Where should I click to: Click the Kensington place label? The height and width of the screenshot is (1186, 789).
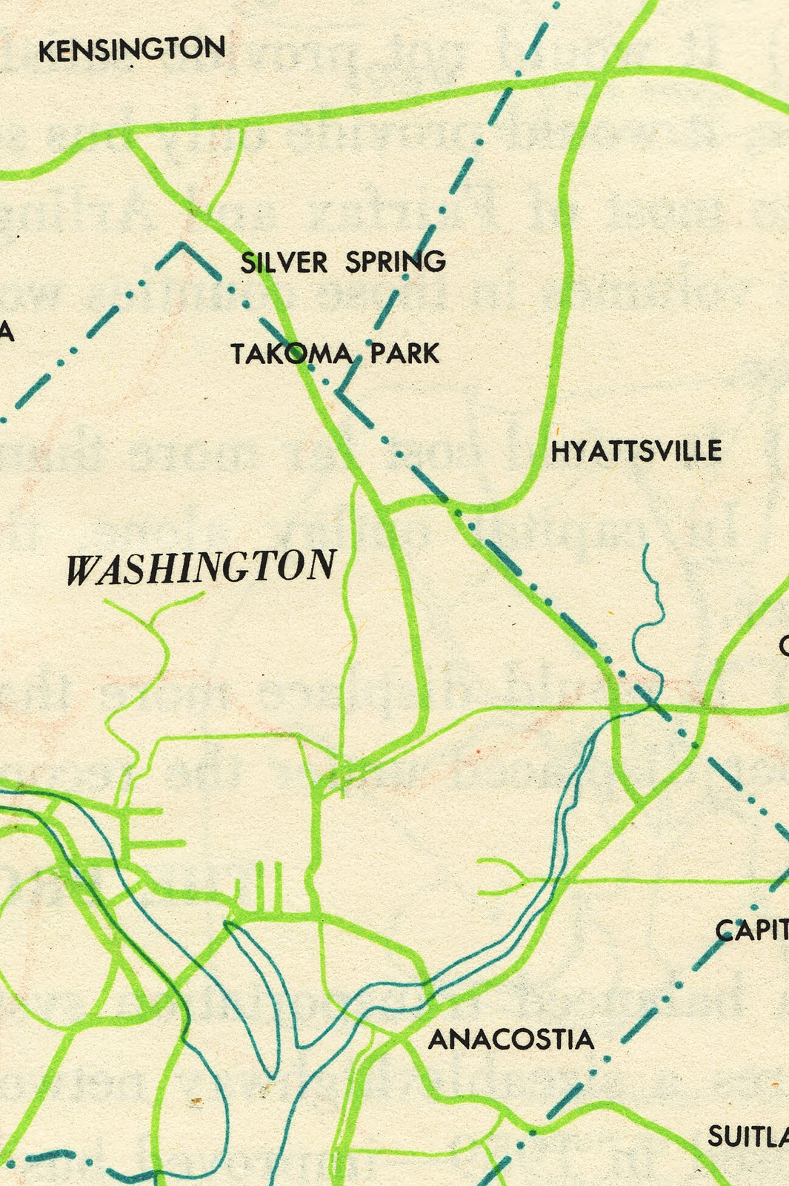coord(132,50)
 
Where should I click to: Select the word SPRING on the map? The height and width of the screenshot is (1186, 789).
coord(396,262)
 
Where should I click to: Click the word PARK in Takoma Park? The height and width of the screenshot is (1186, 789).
coord(405,353)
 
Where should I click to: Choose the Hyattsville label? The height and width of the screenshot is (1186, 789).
coord(636,451)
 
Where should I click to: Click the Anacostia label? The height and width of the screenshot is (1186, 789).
coord(511,1039)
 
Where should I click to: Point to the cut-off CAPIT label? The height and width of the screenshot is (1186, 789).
coord(751,930)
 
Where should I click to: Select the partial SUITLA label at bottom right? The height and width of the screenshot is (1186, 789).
coord(748,1136)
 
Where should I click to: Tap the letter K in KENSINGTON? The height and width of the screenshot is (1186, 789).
coord(45,51)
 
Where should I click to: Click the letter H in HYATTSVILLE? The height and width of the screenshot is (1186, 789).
coord(560,451)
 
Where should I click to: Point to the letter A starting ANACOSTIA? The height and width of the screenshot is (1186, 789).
coord(437,1040)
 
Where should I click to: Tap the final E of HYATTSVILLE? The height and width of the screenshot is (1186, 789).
coord(714,451)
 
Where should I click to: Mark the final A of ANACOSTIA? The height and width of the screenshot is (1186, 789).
coord(585,1039)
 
